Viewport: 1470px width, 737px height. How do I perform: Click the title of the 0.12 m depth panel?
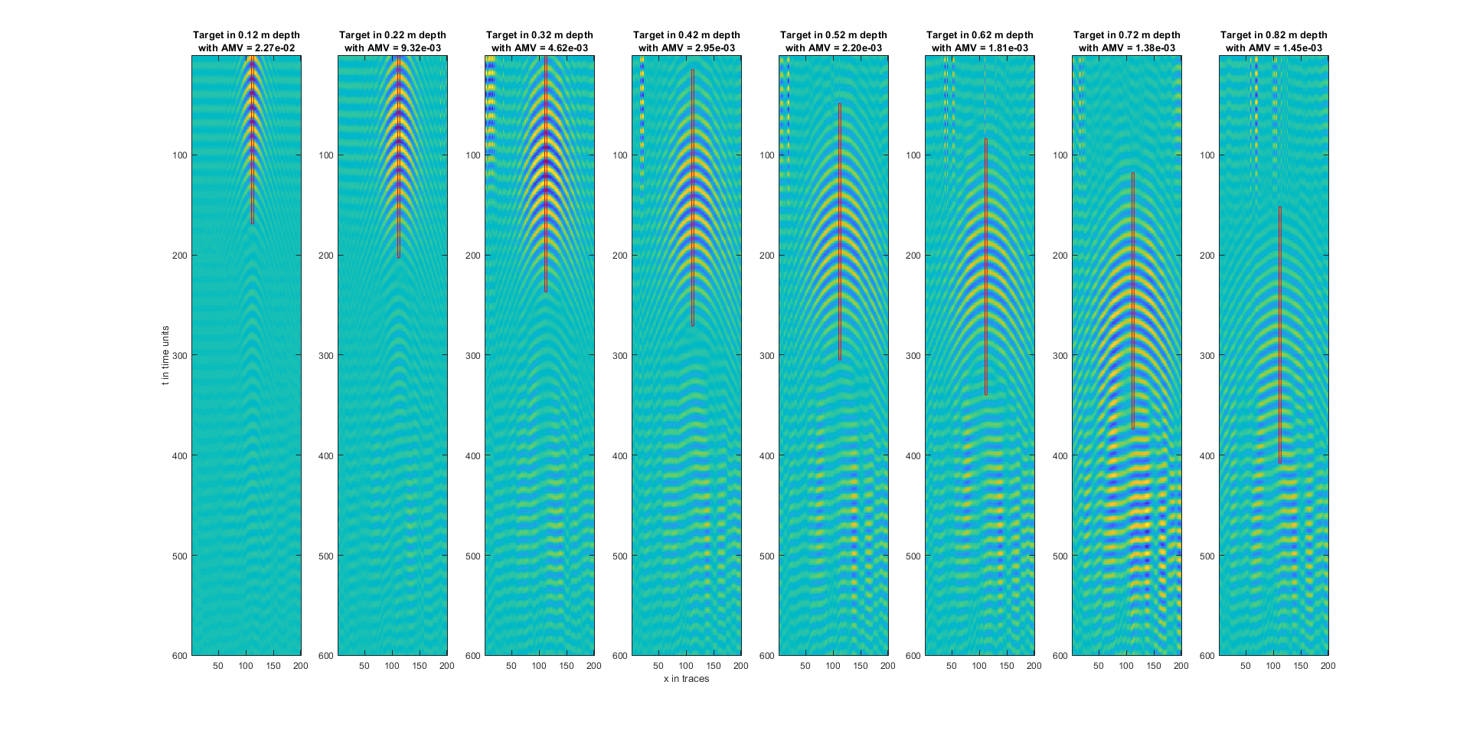pos(246,35)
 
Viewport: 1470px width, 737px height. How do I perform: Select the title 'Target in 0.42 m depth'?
pos(686,35)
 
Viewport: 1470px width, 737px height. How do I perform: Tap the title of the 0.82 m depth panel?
pos(1273,35)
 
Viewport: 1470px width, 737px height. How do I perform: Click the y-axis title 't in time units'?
pos(165,355)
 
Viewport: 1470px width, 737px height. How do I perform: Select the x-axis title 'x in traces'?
pos(686,679)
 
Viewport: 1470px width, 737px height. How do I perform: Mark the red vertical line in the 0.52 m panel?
pos(840,230)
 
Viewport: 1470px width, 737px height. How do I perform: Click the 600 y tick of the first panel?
pos(179,656)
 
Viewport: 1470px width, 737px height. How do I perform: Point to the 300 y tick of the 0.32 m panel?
pos(472,356)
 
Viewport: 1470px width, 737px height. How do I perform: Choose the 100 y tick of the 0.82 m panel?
pos(1207,155)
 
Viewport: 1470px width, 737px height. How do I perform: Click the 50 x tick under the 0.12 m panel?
pos(218,666)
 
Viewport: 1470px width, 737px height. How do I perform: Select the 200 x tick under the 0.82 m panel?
pos(1328,666)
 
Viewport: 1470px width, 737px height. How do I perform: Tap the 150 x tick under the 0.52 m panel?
pos(860,666)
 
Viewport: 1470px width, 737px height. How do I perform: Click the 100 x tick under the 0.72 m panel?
pos(1126,666)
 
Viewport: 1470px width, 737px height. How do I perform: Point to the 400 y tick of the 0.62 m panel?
pos(913,456)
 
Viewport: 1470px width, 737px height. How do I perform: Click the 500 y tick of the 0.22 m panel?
pos(325,556)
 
